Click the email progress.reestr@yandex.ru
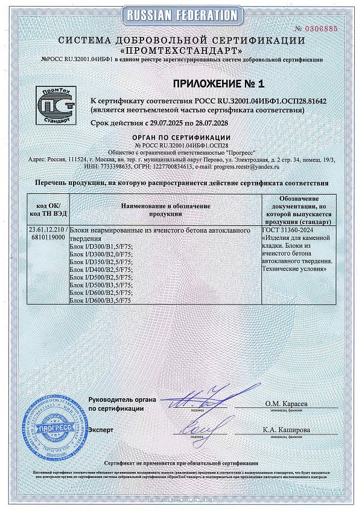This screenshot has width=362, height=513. coord(249,165)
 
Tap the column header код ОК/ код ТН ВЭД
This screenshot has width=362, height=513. coord(48,211)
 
